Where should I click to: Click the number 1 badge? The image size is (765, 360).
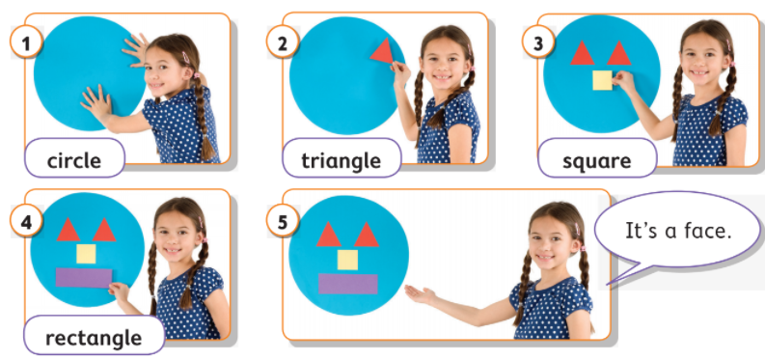[x=26, y=42]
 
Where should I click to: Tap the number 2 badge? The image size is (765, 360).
[x=283, y=42]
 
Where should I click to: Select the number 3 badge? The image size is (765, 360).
[x=538, y=42]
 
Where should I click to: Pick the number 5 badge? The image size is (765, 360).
[x=283, y=221]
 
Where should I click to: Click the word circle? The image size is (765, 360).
[x=74, y=159]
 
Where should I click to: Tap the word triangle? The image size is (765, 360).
[x=342, y=161]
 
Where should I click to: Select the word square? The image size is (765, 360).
[x=597, y=161]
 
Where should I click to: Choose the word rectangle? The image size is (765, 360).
[x=94, y=338]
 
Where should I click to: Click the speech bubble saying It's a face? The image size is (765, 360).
[x=678, y=232]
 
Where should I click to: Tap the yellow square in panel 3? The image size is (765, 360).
[x=603, y=80]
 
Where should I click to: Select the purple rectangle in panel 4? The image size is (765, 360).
[x=84, y=278]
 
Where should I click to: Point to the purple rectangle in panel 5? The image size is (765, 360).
[x=348, y=284]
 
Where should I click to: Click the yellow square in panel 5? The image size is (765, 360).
[x=347, y=260]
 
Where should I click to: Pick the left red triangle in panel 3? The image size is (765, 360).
[x=582, y=53]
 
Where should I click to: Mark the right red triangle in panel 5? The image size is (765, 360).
[x=367, y=235]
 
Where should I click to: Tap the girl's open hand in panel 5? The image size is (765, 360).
[x=421, y=295]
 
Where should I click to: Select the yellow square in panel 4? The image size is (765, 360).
[x=86, y=254]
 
